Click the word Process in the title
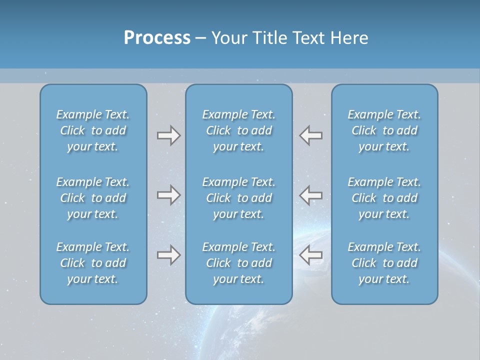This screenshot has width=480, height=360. pos(157,38)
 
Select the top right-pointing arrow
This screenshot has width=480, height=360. pos(168,135)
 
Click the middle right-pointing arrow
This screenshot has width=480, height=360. pos(168,195)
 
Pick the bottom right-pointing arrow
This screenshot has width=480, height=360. pos(168,255)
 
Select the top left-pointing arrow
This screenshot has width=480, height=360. pos(311,135)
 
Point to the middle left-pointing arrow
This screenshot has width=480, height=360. pos(311,195)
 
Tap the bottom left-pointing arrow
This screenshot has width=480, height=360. pos(311,255)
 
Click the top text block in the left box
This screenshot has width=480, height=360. pos(93,130)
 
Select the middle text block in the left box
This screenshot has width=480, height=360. pos(93,198)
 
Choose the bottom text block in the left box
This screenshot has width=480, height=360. pos(93,263)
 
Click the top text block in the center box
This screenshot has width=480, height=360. pos(238,130)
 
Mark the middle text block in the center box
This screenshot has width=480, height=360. pos(238,198)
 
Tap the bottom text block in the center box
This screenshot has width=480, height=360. pos(238,263)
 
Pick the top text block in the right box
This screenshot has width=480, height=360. pos(384,130)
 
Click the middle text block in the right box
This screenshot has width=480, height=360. pos(384,198)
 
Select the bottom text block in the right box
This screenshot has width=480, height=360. pos(384,263)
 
